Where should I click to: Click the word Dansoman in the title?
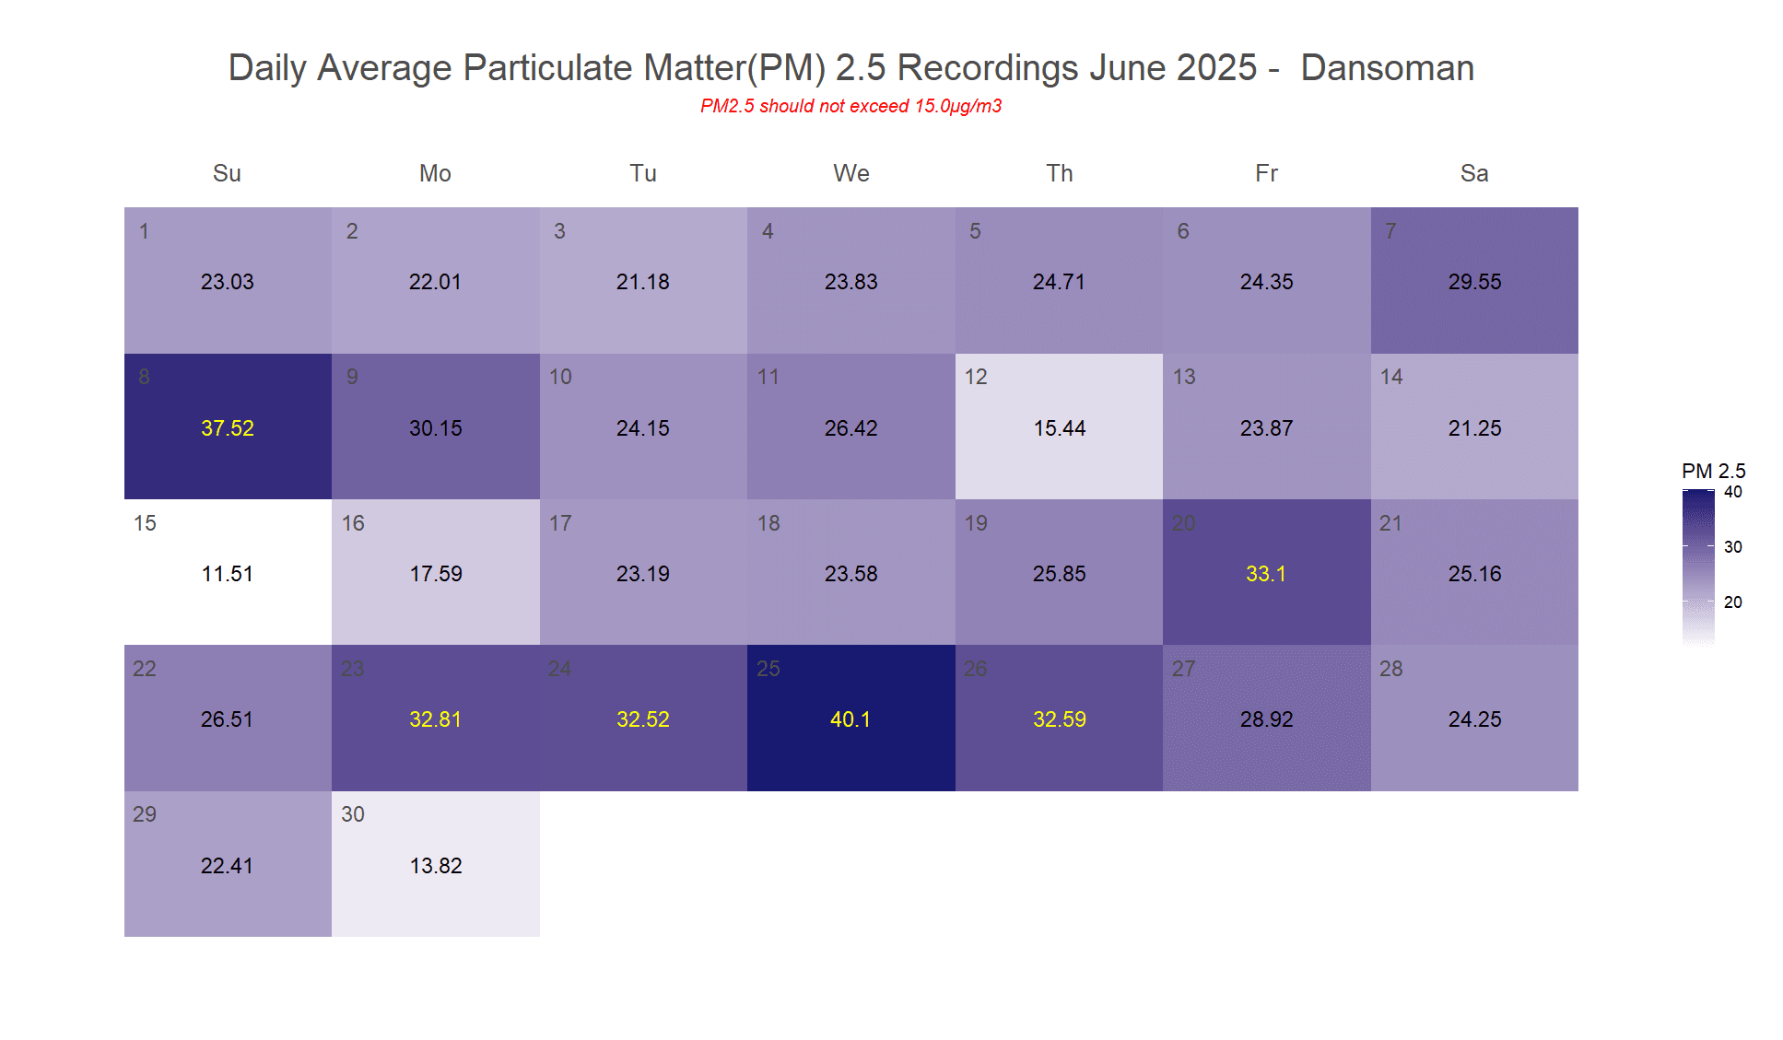pos(1387,68)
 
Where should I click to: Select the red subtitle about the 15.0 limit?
pos(850,106)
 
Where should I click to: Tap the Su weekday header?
pos(227,173)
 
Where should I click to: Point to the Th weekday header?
pos(1059,173)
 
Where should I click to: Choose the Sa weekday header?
pos(1474,173)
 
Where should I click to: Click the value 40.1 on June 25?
pos(850,719)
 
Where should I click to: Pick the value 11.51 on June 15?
pos(228,574)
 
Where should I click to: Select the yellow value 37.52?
pos(228,428)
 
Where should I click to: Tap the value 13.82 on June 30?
pos(436,866)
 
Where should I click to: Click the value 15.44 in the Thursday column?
pos(1060,428)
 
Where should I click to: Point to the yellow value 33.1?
pos(1266,574)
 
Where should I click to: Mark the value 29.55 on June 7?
pos(1474,282)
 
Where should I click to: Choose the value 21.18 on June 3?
pos(643,282)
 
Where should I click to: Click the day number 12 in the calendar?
pos(976,377)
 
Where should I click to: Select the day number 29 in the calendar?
pos(145,814)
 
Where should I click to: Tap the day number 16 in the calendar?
pos(353,523)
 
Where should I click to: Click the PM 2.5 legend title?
pos(1713,471)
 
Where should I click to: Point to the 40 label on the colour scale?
pos(1733,492)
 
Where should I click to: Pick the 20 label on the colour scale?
pos(1733,602)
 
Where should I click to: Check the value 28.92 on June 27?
pos(1266,719)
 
